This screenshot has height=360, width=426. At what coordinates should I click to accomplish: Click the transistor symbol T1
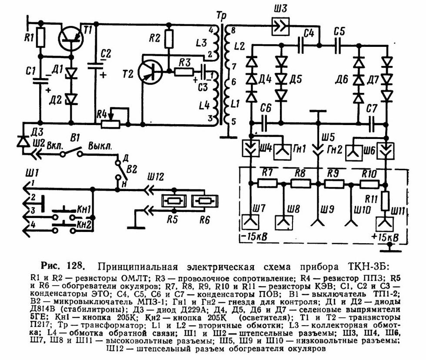pos(71,39)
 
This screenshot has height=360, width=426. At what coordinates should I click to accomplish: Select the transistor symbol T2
pos(150,72)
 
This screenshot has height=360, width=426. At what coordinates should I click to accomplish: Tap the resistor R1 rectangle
pos(40,37)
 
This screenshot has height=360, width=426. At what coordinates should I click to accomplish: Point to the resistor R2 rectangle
pos(169,40)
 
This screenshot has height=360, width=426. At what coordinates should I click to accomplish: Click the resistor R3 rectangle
pos(184,72)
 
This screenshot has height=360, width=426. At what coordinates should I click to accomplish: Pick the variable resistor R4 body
pos(110,124)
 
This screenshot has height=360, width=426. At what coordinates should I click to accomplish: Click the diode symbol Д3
pos(23,141)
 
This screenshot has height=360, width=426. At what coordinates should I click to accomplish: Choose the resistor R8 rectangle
pos(301,184)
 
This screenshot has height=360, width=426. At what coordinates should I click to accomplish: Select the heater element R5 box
pos(173,201)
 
